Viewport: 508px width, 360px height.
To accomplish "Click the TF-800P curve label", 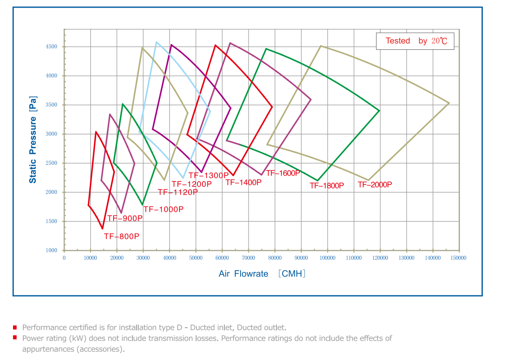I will pos(122,237).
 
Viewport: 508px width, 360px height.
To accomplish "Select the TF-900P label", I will pos(125,219).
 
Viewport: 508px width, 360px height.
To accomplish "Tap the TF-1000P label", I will pos(163,209).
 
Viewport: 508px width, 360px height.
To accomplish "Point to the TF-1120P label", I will pos(178,193).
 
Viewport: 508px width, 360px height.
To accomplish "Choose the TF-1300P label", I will pos(208,176).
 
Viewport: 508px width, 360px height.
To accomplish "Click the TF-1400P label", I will pos(243,183).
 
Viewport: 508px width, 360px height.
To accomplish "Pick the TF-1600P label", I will pos(283,173).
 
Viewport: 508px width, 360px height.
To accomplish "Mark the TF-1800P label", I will pos(327,185).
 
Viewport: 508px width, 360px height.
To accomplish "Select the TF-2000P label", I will pos(375,184).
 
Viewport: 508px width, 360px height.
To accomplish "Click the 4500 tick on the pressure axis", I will pos(51,47).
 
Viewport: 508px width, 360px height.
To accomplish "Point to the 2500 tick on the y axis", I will pos(51,163).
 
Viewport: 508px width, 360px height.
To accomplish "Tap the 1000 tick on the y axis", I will pos(51,250).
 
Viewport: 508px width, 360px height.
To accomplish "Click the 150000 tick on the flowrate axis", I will pos(459,258).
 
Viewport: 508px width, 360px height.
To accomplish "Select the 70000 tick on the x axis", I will pos(248,258).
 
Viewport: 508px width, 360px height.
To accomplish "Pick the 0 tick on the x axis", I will pos(64,258).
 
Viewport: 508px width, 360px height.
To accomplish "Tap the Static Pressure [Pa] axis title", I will pos(33,140).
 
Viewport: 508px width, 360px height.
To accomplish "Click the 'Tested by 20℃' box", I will pos(415,41).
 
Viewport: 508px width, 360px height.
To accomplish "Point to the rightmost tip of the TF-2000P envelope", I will pos(449,103).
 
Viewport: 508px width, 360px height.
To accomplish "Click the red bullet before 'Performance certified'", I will pos(15,327).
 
